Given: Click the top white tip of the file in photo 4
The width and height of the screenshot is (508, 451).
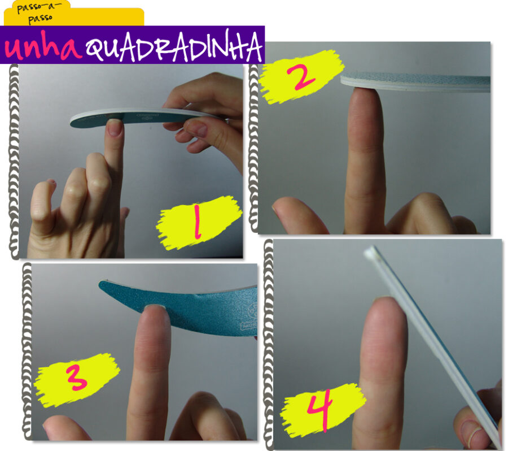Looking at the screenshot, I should coord(371,250).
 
